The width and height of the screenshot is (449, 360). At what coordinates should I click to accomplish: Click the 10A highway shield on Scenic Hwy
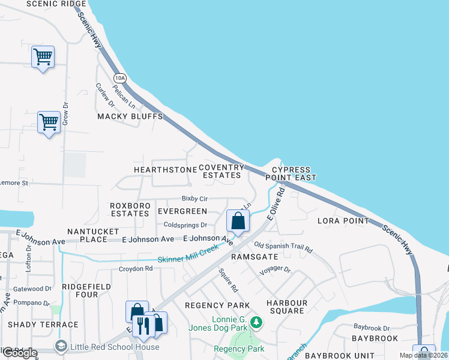pyautogui.click(x=120, y=78)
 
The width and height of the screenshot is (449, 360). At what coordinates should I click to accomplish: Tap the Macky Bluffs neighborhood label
pyautogui.click(x=130, y=116)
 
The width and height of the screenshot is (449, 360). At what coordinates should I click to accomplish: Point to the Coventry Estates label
pyautogui.click(x=221, y=171)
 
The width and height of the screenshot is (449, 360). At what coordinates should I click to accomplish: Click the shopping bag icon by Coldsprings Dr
pyautogui.click(x=238, y=221)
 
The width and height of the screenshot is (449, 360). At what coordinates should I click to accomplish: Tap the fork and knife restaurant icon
pyautogui.click(x=143, y=325)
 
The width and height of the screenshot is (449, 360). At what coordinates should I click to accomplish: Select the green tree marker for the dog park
pyautogui.click(x=256, y=323)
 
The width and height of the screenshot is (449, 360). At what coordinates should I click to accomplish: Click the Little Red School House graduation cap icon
pyautogui.click(x=61, y=347)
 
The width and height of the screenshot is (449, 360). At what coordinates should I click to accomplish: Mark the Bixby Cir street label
pyautogui.click(x=194, y=198)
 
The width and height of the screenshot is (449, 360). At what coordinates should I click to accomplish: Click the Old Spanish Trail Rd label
pyautogui.click(x=283, y=246)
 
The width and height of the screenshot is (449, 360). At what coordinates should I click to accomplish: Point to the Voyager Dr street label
pyautogui.click(x=274, y=270)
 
